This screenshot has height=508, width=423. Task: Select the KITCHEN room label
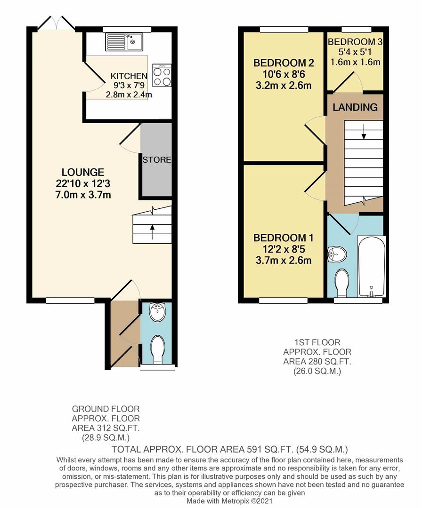pyautogui.click(x=129, y=76)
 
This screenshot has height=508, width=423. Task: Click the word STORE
pyautogui.click(x=157, y=159)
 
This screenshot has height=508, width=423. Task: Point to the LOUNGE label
pyautogui.click(x=82, y=172)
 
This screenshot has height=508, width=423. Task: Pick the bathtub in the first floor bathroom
pyautogui.click(x=372, y=266)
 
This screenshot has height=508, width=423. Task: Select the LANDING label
pyautogui.click(x=355, y=107)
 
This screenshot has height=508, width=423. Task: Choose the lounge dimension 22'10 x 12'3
pyautogui.click(x=82, y=183)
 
